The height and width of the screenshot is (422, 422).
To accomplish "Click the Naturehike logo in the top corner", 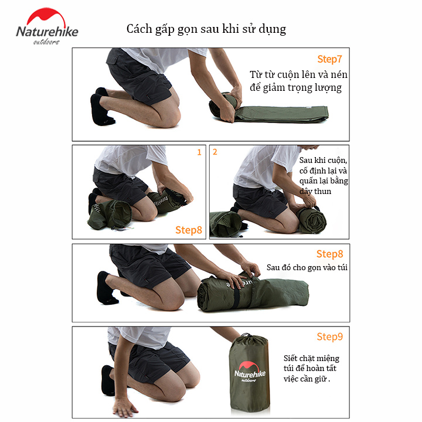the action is (47, 26).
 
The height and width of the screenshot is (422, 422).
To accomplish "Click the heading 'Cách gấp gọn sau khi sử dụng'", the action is (206, 29).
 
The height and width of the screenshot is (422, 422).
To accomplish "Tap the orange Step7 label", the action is (329, 59).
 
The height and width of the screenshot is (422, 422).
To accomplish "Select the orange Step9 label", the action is (329, 336).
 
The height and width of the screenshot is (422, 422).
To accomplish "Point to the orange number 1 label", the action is (199, 152).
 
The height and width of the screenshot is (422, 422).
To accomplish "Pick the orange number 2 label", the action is (215, 152).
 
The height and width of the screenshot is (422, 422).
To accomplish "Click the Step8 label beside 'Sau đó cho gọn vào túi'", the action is (329, 254).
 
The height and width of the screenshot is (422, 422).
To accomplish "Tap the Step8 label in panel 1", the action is (188, 230).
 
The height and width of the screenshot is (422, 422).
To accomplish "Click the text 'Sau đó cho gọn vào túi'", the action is (307, 267).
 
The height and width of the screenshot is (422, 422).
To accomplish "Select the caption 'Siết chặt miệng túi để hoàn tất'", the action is (311, 363).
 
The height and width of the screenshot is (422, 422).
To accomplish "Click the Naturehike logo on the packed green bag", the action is (250, 372).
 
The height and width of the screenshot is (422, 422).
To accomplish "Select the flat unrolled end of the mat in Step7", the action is (283, 114).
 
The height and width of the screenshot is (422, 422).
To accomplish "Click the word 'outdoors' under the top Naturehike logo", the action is (46, 42).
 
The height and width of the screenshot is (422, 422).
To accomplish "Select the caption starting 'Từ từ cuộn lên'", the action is (298, 81).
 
